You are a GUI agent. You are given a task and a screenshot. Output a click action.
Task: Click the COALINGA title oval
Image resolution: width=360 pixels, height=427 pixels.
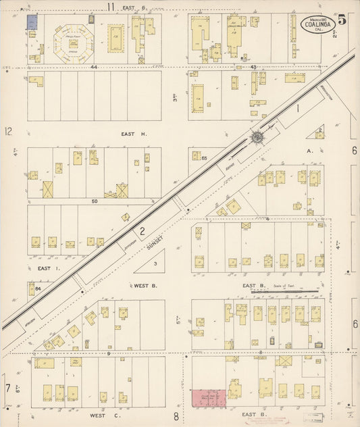pos(314,26)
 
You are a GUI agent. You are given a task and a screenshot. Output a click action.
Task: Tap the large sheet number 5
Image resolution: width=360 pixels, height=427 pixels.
pos(342,20)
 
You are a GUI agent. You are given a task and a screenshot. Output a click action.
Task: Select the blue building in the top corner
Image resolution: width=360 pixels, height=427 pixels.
pos(31,22)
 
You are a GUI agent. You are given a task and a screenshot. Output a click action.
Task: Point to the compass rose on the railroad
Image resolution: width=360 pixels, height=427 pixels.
pos(257,137)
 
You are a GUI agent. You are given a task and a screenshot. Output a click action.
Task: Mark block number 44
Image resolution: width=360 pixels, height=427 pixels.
pos(95,68)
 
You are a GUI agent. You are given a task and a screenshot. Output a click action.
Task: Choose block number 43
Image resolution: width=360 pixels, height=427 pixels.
pos(254,67)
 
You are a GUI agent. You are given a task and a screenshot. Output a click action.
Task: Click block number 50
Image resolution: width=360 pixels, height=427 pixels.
pos(95,201)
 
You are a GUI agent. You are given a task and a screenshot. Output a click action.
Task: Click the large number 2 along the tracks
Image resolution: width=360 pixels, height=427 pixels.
pos(142,230)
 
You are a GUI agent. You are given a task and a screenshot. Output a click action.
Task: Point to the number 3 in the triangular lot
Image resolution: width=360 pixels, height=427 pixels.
pos(155,263)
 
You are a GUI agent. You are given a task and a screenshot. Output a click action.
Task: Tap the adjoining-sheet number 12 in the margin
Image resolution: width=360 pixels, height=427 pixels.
pos(8,131)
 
